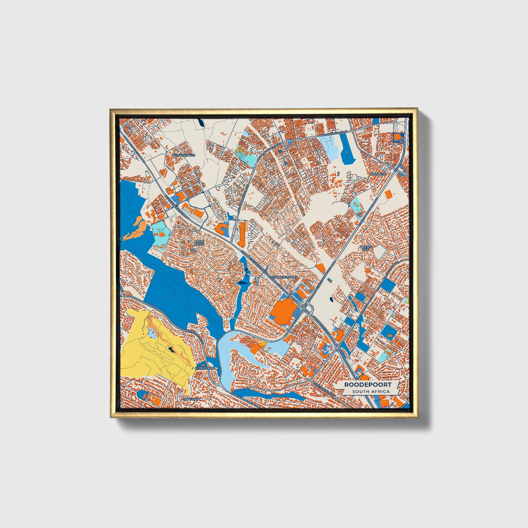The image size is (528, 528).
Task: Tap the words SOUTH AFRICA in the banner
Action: (371, 391)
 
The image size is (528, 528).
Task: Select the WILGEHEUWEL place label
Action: (184, 155)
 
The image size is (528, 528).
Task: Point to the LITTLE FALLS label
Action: (199, 242)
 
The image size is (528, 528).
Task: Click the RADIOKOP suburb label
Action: (377, 174)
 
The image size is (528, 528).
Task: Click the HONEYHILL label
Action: (192, 399)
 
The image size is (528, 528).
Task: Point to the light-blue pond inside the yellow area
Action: (152, 333)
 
